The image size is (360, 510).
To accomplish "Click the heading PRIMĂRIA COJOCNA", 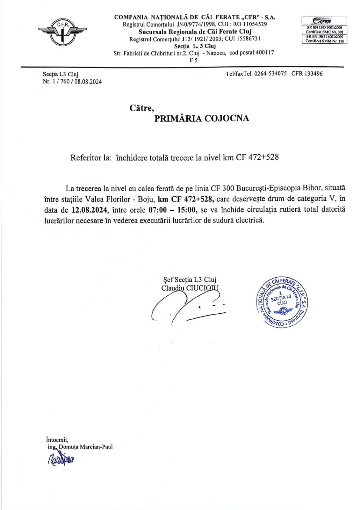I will pyautogui.click(x=201, y=119).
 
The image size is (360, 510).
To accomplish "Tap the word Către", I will pyautogui.click(x=141, y=108).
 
